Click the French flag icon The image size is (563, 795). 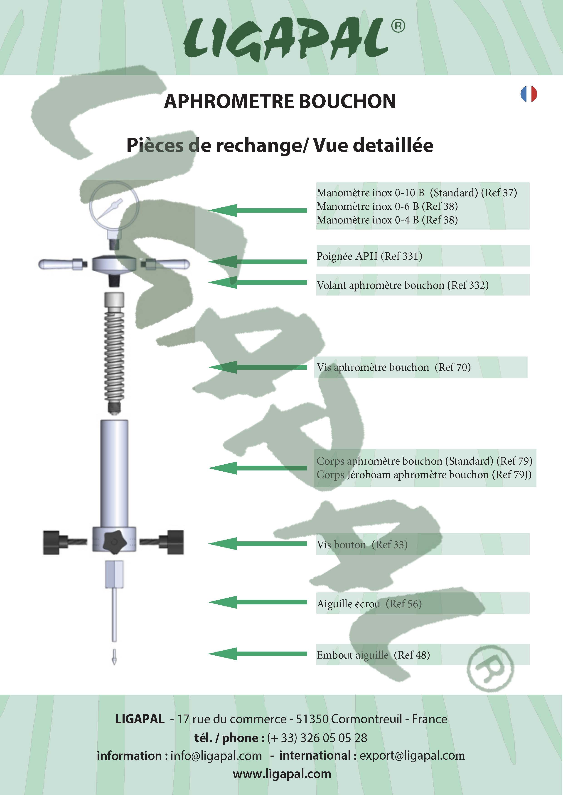(x=529, y=94)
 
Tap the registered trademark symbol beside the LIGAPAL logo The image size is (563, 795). (x=398, y=26)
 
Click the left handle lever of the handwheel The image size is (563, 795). (x=60, y=264)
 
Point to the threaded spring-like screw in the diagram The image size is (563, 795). (x=114, y=353)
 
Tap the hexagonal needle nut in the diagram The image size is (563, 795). (x=114, y=574)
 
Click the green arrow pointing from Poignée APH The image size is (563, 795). (x=258, y=262)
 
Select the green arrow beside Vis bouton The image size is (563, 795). (x=258, y=544)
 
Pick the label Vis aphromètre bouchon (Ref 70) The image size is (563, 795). (x=394, y=367)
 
